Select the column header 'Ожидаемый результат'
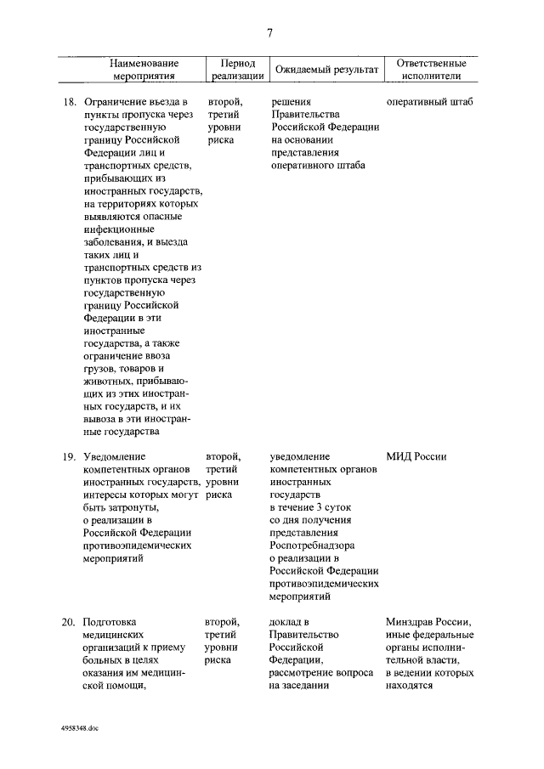pyautogui.click(x=324, y=69)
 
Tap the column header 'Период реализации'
pyautogui.click(x=232, y=70)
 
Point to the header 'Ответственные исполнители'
pyautogui.click(x=425, y=70)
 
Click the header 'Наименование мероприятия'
pyautogui.click(x=144, y=70)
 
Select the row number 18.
pyautogui.click(x=71, y=102)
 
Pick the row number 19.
pyautogui.click(x=71, y=457)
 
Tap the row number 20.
pyautogui.click(x=71, y=622)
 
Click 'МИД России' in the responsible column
pyautogui.click(x=416, y=457)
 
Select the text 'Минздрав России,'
pyautogui.click(x=428, y=622)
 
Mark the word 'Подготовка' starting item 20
pyautogui.click(x=110, y=622)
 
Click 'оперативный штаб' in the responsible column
pyautogui.click(x=429, y=102)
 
